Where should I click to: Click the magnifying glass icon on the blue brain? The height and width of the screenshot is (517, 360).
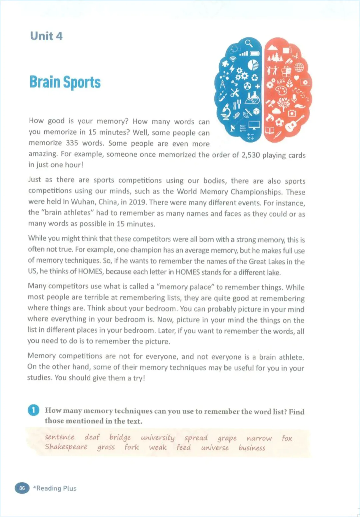(x=249, y=43)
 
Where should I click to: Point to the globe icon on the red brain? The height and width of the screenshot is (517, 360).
(x=299, y=67)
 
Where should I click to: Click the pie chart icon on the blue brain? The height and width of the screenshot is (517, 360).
(x=253, y=65)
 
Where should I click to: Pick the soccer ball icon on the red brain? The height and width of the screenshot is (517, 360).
(x=279, y=122)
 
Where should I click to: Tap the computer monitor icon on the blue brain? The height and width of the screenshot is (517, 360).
(x=254, y=125)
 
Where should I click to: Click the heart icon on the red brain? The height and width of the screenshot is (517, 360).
(x=296, y=79)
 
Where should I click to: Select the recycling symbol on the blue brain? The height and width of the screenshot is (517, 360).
(x=255, y=78)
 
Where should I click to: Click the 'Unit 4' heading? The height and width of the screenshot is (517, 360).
(x=46, y=36)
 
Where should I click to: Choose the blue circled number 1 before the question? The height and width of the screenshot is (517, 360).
(x=33, y=410)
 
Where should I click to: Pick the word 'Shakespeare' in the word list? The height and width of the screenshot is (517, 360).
(x=66, y=447)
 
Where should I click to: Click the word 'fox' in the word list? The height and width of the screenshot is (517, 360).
(x=287, y=438)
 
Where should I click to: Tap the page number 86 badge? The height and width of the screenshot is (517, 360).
(x=22, y=488)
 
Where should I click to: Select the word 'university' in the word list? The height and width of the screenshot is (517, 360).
(x=157, y=438)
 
